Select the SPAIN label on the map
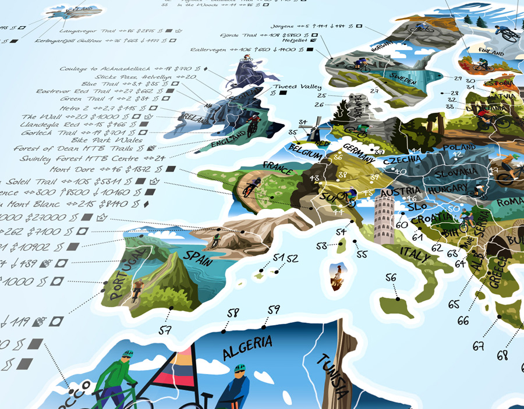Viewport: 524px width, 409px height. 199,255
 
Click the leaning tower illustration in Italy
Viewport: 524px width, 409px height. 384,218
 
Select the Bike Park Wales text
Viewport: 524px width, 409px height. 107,140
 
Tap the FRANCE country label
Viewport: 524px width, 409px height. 277,170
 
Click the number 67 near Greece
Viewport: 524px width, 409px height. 479,346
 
